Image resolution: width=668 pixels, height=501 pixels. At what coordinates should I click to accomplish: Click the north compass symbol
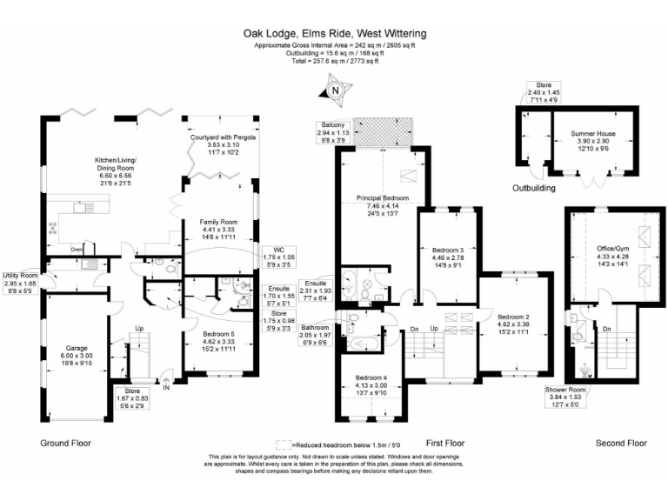click(334, 89)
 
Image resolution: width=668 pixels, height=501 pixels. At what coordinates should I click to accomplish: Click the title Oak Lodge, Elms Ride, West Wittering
click(334, 34)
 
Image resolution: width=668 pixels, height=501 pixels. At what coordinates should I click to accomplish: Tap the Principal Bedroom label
click(383, 198)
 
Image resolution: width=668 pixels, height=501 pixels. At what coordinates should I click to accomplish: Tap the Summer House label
click(591, 134)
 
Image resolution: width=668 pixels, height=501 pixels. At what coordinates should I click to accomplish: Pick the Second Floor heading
click(621, 443)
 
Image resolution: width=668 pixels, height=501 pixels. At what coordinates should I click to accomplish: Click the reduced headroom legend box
click(284, 443)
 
